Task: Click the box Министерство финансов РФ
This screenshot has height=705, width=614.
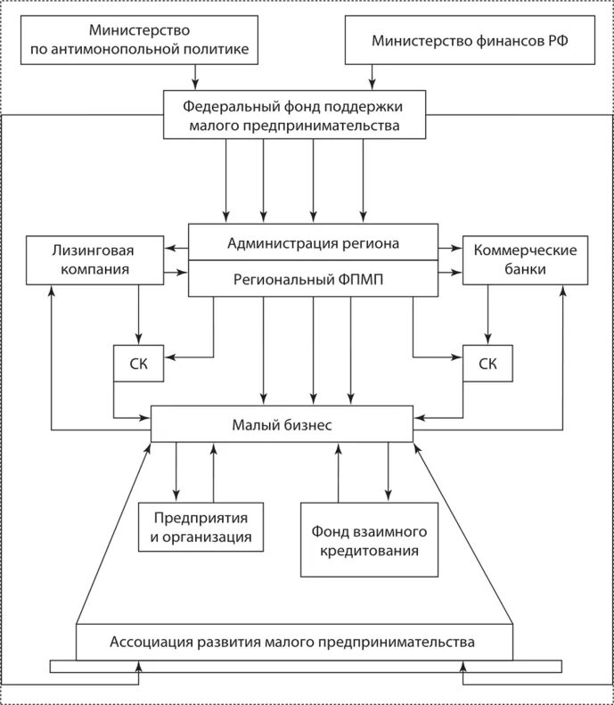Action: click(470, 40)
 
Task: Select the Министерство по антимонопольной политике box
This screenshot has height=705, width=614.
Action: click(139, 40)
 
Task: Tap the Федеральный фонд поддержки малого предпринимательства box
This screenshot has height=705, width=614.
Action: click(294, 115)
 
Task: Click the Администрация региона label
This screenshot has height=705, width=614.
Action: click(313, 243)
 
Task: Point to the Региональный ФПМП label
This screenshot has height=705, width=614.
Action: click(308, 280)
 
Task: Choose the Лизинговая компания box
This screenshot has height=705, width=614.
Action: click(94, 260)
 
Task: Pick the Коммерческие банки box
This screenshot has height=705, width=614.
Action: click(525, 260)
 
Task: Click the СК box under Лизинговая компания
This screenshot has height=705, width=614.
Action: click(138, 364)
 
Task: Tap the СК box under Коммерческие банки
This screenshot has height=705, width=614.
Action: click(487, 364)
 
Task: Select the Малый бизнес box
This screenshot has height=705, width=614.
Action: click(282, 424)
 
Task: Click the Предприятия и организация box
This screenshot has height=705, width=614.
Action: click(201, 527)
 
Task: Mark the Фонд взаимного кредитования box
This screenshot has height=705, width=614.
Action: click(369, 539)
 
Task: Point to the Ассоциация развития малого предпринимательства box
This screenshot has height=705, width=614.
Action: click(294, 642)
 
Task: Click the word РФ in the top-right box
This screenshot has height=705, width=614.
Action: click(558, 40)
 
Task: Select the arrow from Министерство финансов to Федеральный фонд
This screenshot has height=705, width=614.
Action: click(372, 78)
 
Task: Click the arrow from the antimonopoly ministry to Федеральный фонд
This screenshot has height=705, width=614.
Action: click(195, 78)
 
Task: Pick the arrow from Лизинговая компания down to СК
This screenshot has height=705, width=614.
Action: click(138, 315)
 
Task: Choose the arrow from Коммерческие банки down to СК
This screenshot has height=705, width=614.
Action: click(487, 315)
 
